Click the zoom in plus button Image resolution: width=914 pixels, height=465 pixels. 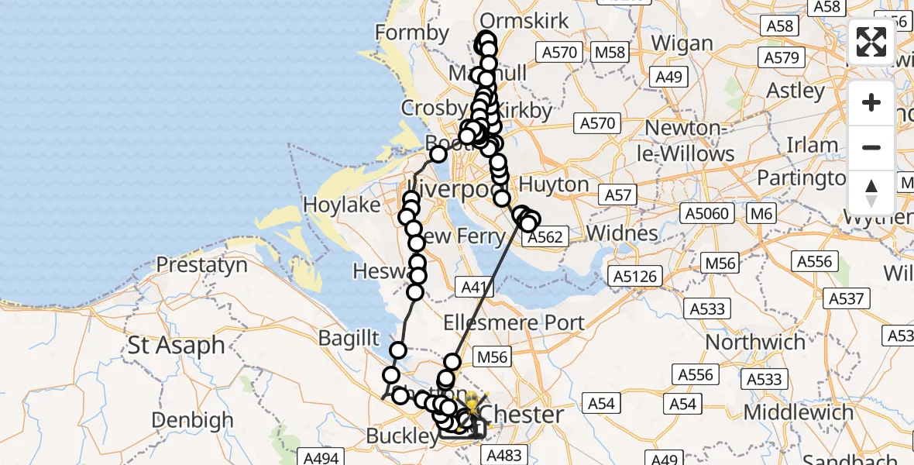(x=871, y=103)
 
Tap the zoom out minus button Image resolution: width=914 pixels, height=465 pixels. (x=871, y=147)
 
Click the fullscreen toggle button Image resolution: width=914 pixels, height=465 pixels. (x=871, y=42)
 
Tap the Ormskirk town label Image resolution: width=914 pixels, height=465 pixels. (x=524, y=21)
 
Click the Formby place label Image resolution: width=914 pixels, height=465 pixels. (x=411, y=33)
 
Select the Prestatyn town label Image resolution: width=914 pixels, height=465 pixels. (x=202, y=265)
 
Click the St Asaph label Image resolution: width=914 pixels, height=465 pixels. (x=177, y=346)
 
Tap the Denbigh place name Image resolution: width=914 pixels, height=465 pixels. (x=192, y=421)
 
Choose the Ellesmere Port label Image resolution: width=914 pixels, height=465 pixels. (x=518, y=322)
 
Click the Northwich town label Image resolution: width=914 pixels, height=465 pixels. (x=755, y=342)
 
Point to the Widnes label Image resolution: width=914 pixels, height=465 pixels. (x=623, y=232)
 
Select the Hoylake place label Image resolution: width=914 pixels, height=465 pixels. (x=342, y=205)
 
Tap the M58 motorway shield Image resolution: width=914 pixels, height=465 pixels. (x=610, y=53)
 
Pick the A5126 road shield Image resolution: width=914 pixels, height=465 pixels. (x=635, y=276)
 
